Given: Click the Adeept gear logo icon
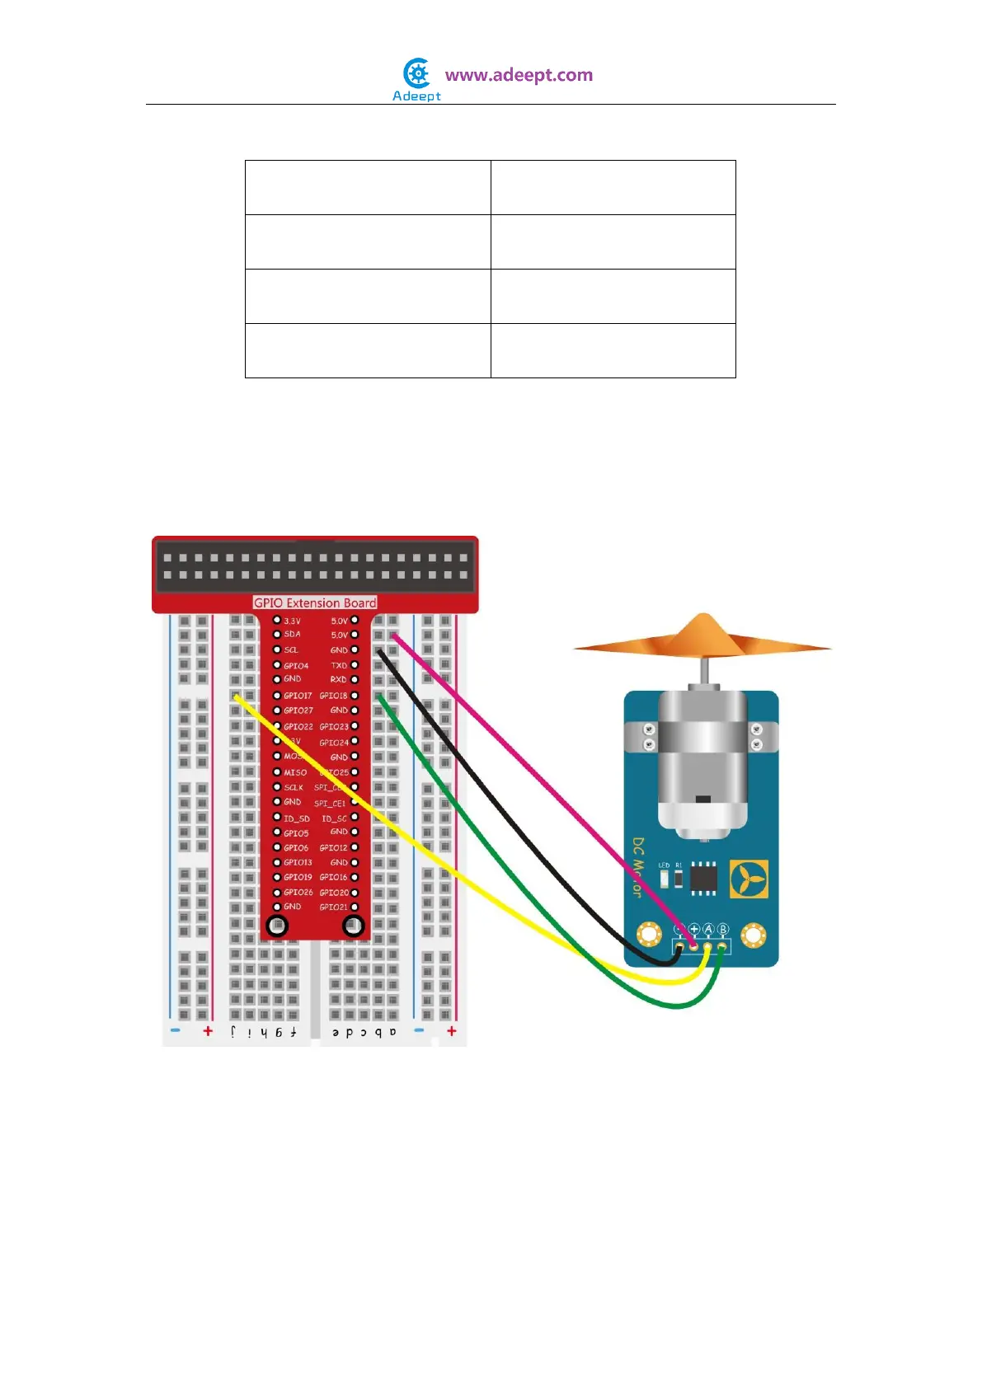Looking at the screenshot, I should tap(417, 73).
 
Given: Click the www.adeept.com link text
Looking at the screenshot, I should tap(519, 75).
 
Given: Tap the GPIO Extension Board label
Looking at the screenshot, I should tap(314, 603).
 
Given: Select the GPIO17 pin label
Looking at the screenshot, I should tap(298, 696).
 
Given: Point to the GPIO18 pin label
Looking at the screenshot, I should tap(334, 696).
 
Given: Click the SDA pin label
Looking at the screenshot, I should tap(292, 634).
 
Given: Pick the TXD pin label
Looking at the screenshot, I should tap(339, 665).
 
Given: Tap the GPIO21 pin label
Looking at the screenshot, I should tap(334, 907).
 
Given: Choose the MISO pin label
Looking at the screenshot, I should tap(295, 772).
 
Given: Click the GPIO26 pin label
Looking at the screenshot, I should tap(298, 892).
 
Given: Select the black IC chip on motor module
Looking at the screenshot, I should tap(703, 877).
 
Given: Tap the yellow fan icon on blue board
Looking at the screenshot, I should tap(749, 879).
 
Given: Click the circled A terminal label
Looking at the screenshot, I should tap(708, 929).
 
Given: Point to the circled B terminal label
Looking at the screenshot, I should tap(723, 929).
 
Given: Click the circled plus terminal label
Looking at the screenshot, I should tap(693, 929).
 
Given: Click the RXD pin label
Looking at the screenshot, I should tap(338, 680).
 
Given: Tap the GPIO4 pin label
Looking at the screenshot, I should tap(296, 665).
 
